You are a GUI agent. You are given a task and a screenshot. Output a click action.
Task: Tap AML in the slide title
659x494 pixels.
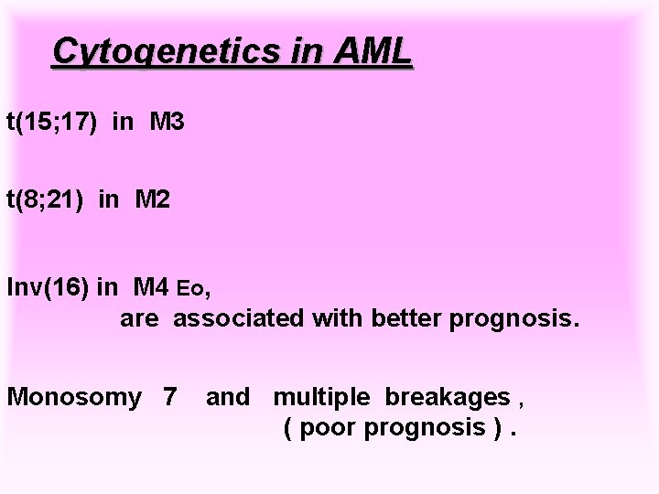click(x=373, y=52)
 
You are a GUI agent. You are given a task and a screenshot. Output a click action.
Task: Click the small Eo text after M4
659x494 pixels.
click(x=192, y=291)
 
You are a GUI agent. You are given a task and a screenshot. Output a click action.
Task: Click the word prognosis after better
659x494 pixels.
click(x=520, y=319)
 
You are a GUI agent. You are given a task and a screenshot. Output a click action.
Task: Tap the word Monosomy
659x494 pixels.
click(x=73, y=397)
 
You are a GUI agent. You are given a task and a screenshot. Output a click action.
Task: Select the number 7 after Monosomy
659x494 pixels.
click(x=169, y=397)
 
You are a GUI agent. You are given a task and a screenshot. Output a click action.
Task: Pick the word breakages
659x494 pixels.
click(x=448, y=397)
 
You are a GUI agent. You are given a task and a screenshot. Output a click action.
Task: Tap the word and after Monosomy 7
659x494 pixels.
click(x=228, y=397)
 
